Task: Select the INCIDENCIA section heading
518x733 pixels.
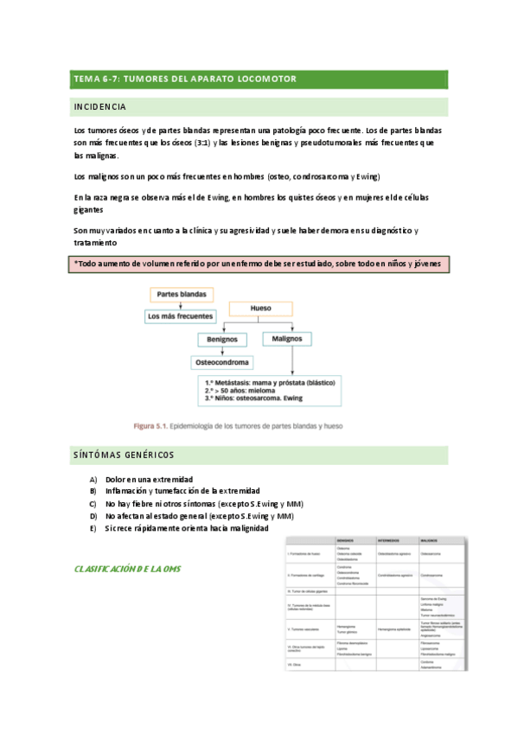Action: pos(100,107)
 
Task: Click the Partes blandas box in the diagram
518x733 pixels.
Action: pos(181,295)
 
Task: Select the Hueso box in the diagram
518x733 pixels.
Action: pos(260,307)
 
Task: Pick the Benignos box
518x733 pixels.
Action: pos(222,340)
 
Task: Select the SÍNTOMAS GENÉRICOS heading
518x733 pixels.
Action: pos(124,455)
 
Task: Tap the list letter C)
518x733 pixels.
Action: pos(93,503)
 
